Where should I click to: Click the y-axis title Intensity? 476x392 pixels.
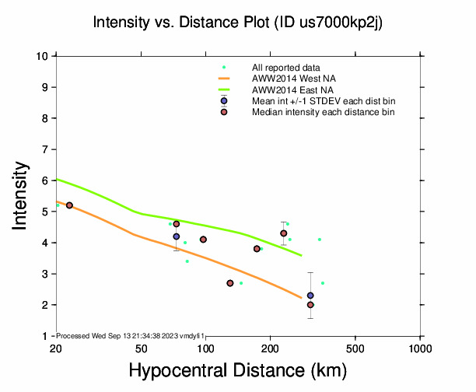[22, 195]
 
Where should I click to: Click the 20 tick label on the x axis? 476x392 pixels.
[55, 348]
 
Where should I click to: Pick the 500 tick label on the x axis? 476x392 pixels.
[355, 348]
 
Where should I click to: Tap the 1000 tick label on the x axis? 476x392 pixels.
[420, 348]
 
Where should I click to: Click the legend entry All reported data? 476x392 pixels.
[292, 68]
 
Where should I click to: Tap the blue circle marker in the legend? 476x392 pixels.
[224, 101]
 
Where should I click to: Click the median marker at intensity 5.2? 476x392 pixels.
[69, 205]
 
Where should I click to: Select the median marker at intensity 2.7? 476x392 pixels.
[230, 283]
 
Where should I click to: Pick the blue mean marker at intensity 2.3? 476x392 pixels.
[310, 296]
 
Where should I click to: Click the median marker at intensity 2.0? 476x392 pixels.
[310, 305]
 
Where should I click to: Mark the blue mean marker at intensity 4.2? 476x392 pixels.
[177, 236]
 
